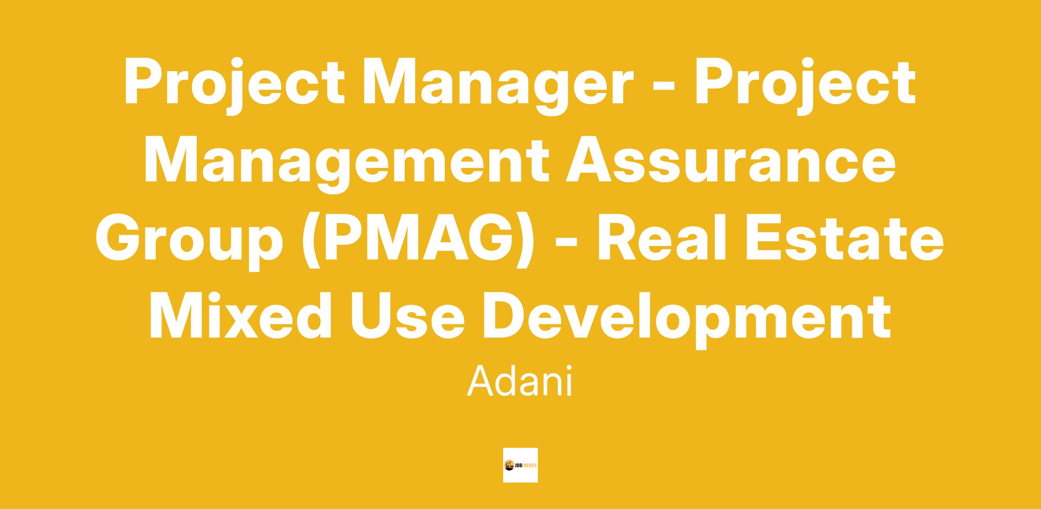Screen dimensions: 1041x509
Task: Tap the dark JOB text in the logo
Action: point(520,465)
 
